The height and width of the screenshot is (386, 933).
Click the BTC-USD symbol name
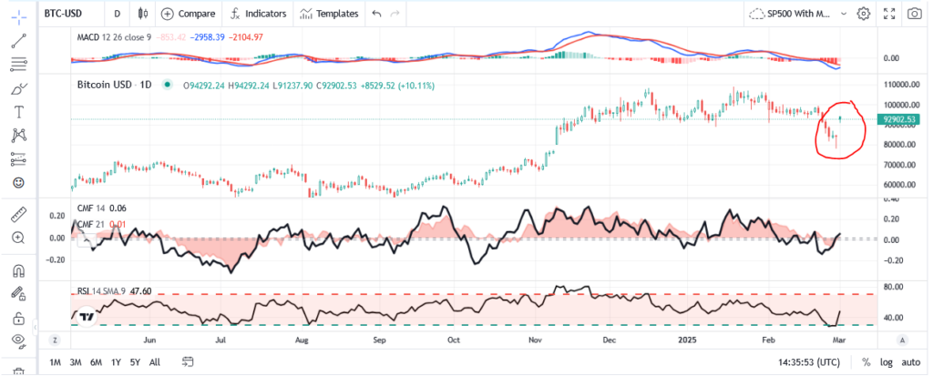[65, 14]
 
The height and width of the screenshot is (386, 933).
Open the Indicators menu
[258, 14]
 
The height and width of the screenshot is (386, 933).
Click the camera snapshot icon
[915, 14]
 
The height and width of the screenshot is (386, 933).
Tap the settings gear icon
[864, 14]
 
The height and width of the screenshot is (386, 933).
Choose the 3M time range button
[76, 362]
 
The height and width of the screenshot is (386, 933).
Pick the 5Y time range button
[135, 362]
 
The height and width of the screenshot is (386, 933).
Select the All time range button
[155, 362]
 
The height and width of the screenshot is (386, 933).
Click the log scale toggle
[887, 362]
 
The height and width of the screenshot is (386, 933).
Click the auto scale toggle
[910, 362]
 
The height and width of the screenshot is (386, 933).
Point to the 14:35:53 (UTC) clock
[805, 362]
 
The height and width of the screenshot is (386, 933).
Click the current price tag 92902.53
[899, 119]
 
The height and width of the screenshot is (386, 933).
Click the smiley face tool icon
[18, 183]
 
